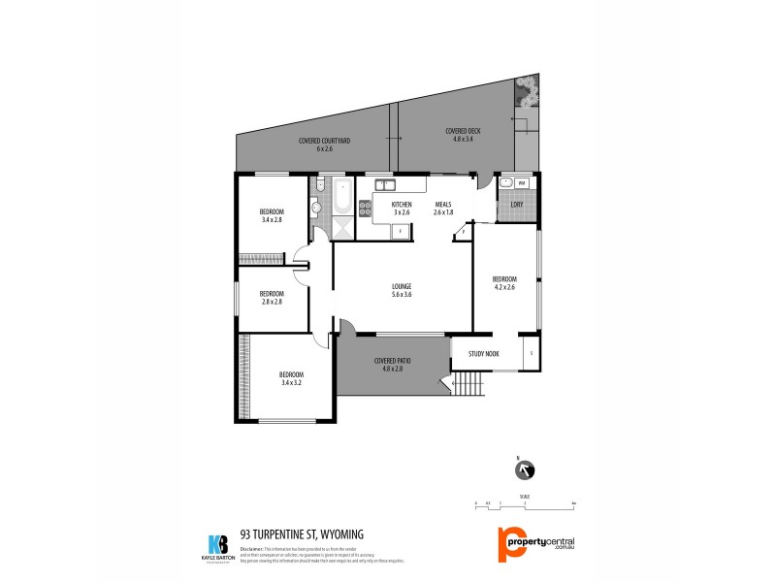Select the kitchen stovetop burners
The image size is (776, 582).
[366, 207]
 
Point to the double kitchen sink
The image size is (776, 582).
[385, 183]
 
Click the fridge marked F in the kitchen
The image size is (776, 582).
[400, 231]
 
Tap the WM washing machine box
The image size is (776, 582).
[521, 183]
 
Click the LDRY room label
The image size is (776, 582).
[517, 205]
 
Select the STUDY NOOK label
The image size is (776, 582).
[483, 354]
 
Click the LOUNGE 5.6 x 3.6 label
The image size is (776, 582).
[402, 289]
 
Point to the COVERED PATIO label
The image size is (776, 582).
[393, 364]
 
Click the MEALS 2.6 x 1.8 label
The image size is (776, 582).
[443, 208]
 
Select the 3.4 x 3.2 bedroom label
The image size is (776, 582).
[292, 378]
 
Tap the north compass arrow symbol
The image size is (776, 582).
[526, 470]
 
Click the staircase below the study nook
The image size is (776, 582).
[469, 387]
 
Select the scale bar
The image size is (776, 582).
[525, 504]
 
